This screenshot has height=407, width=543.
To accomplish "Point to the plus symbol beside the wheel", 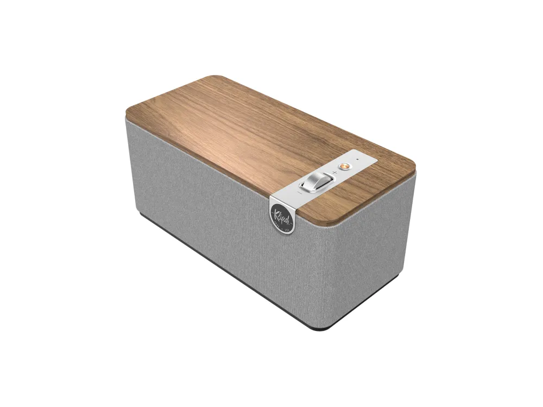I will point(334,173).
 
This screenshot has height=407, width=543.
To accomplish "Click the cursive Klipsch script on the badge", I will point(282,213).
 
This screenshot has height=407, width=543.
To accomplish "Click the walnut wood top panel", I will point(244,130).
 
